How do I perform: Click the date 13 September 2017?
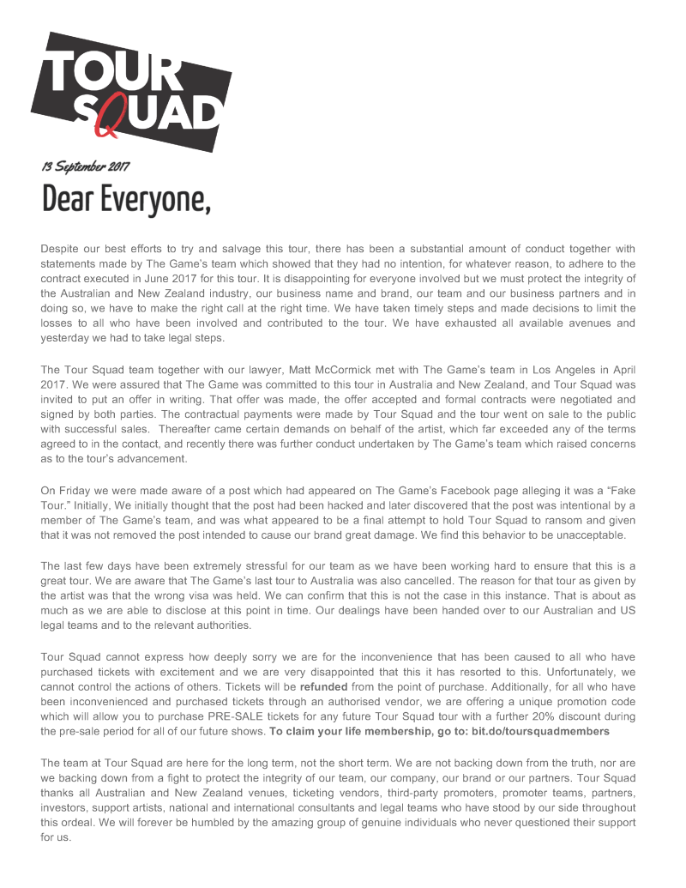coord(86,166)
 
